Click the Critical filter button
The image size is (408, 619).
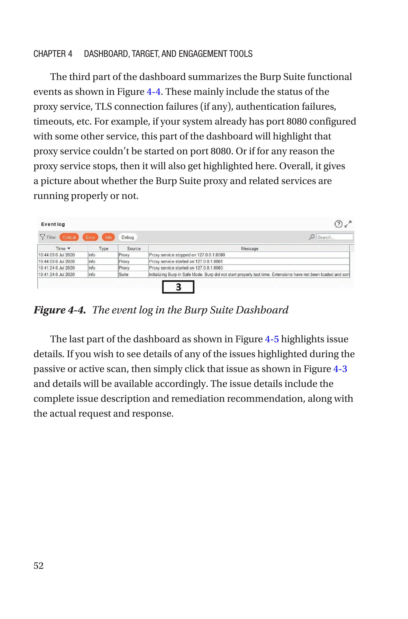click(69, 237)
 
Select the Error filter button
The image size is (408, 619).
click(90, 237)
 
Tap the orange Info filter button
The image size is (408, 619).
click(108, 237)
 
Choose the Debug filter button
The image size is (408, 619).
click(127, 237)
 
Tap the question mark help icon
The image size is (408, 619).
click(338, 224)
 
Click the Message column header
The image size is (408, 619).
click(249, 249)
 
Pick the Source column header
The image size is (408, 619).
click(133, 249)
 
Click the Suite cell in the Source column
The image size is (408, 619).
click(124, 274)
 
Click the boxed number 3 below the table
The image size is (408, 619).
click(178, 287)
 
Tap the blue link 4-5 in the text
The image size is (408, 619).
click(272, 339)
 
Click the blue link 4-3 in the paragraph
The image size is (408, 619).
click(340, 369)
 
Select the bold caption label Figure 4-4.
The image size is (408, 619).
click(60, 310)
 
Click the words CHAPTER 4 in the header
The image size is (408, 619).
click(53, 54)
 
